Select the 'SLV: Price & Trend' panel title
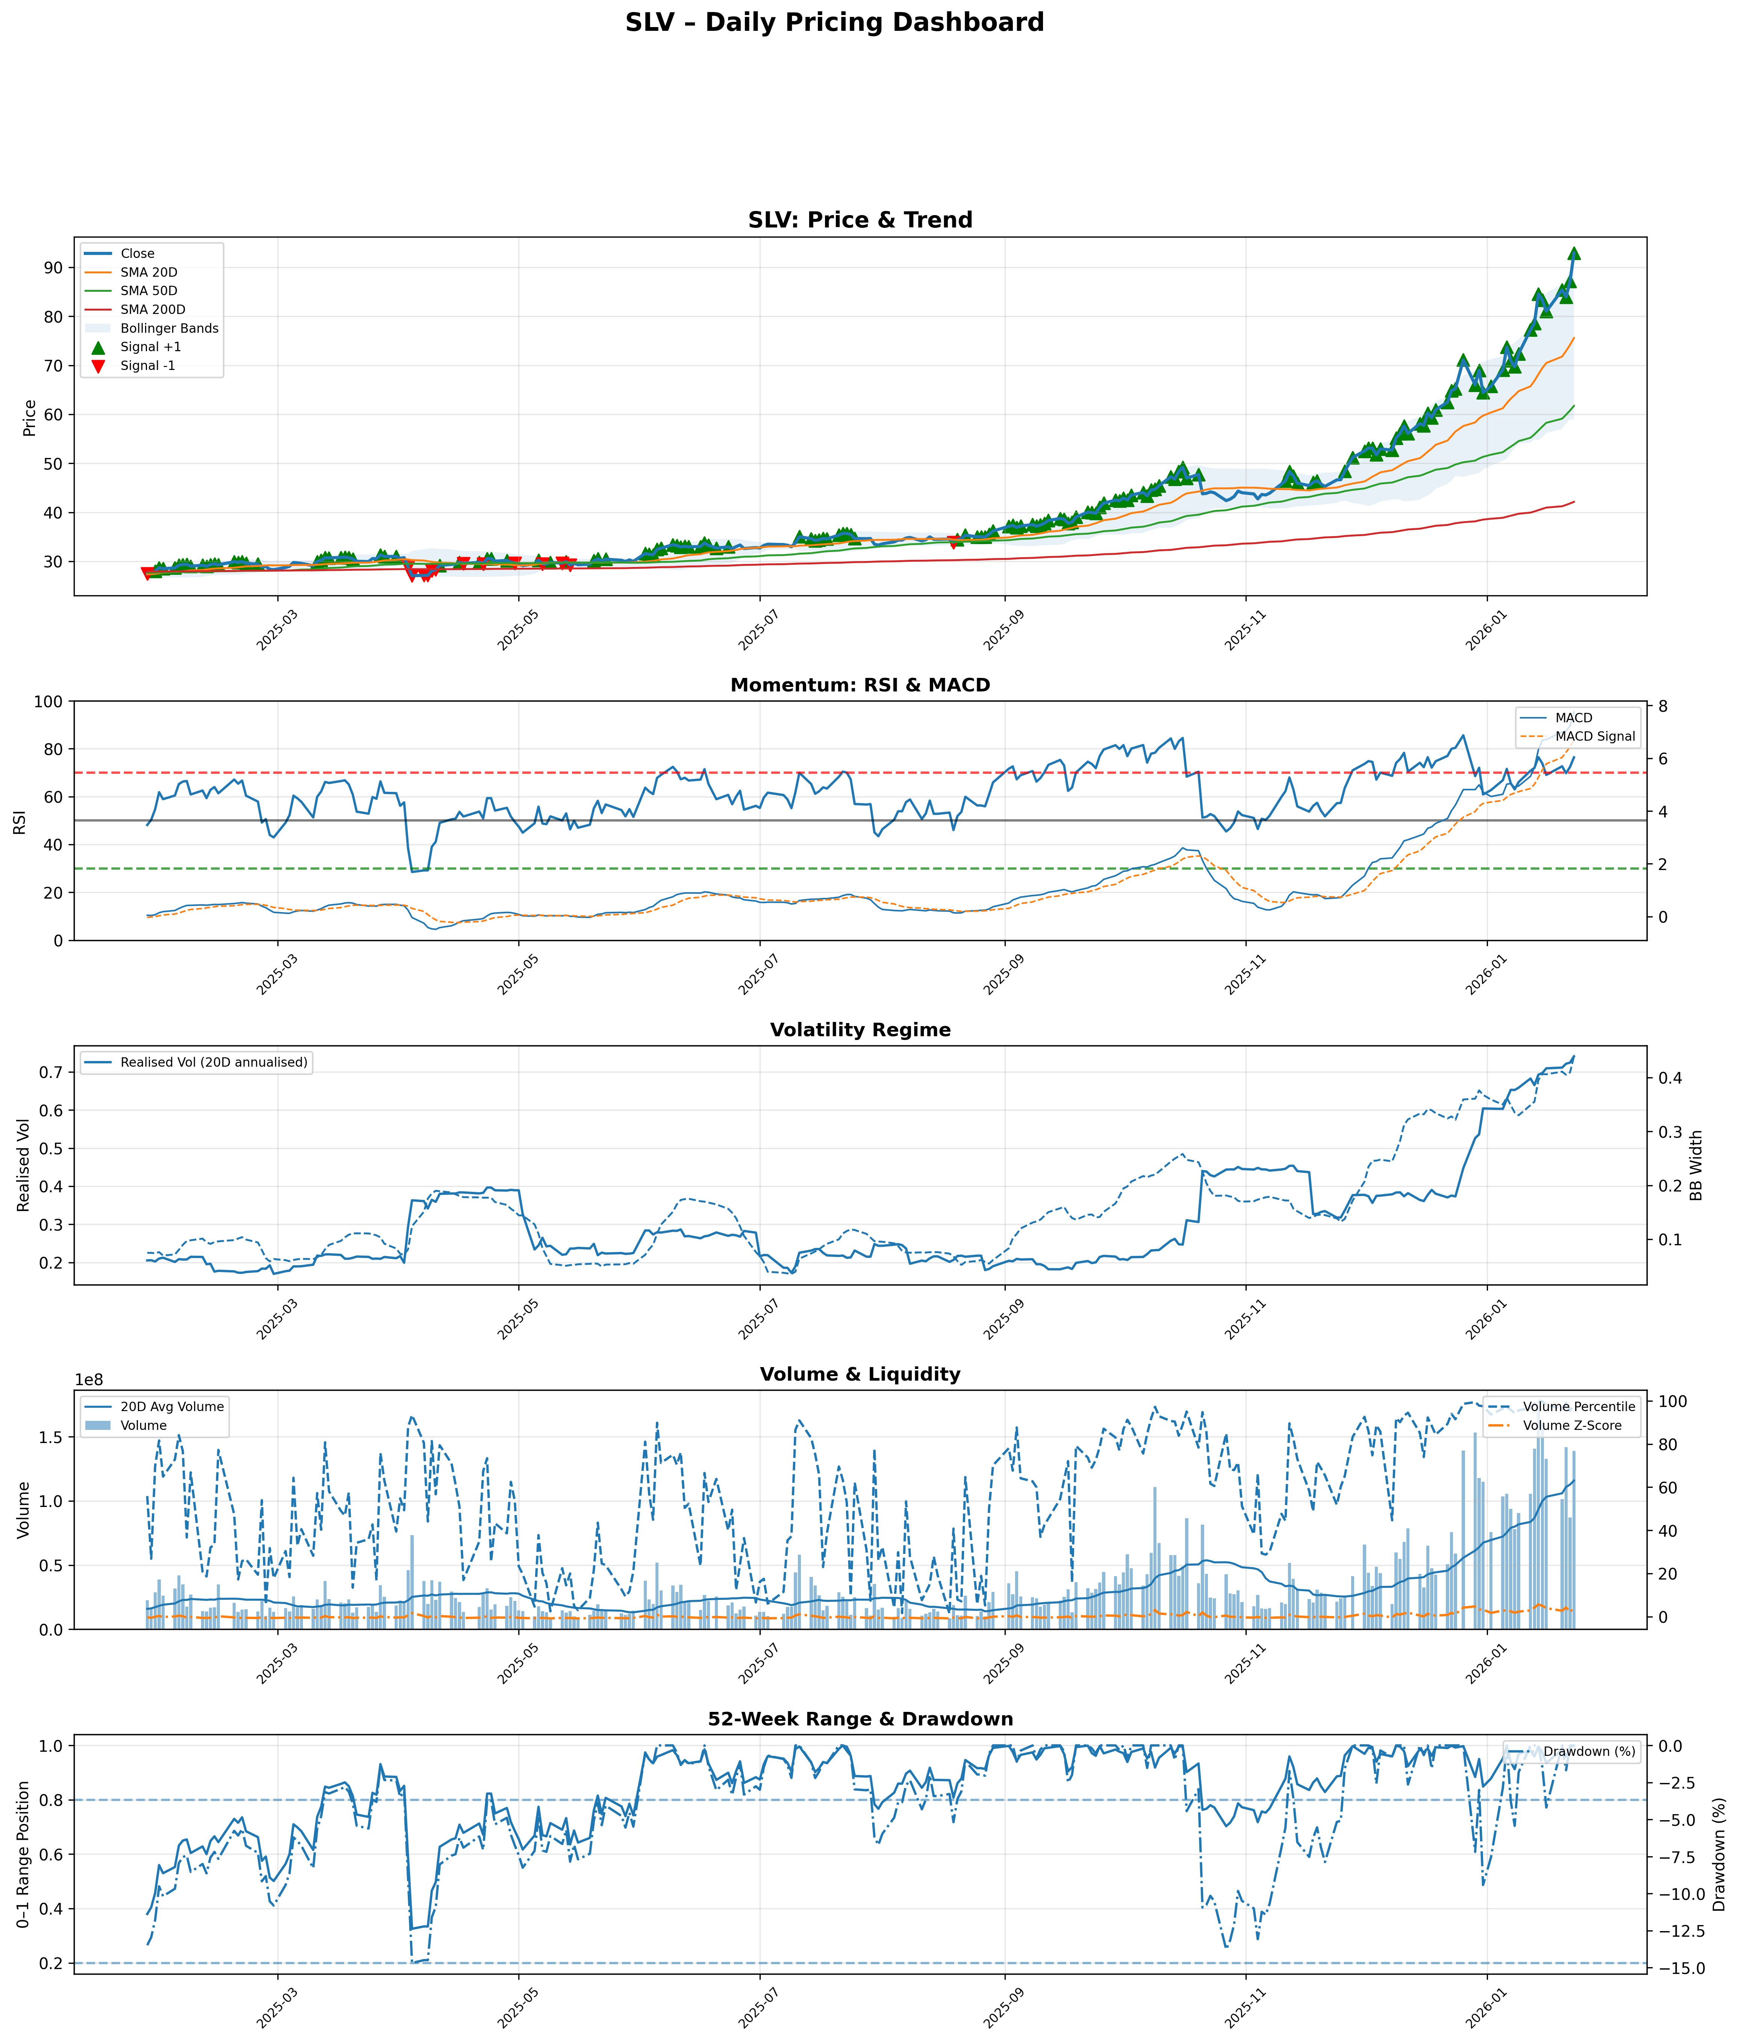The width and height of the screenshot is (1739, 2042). (x=860, y=220)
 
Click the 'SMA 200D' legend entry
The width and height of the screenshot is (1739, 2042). (x=153, y=309)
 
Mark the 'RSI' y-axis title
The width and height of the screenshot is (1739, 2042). (x=20, y=821)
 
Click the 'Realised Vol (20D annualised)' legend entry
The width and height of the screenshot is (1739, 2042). (x=214, y=1063)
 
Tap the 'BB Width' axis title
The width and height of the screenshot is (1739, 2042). (x=1696, y=1165)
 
